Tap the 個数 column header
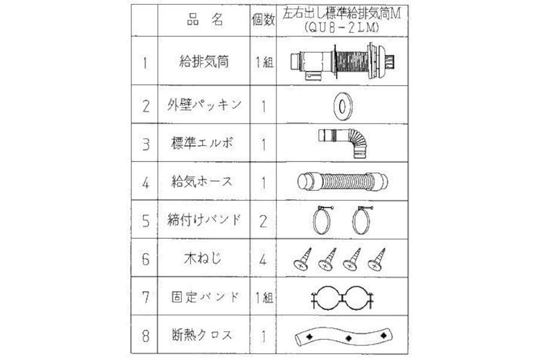pos(263,20)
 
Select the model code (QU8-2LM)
pos(341,28)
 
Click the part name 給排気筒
pos(204,62)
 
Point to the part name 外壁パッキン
pos(204,105)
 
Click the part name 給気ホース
pos(202,181)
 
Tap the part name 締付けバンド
pos(204,220)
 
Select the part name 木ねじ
pos(203,258)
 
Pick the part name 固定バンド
pos(205,296)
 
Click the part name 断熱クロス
pos(203,335)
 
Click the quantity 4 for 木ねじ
pos(263,259)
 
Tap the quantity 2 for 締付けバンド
pos(263,221)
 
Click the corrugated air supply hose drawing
pos(343,182)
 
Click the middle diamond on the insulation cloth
pos(349,338)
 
